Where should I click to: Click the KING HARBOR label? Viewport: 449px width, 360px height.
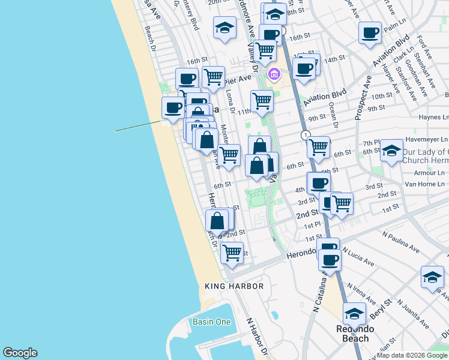click(234, 286)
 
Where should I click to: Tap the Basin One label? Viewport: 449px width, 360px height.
click(211, 322)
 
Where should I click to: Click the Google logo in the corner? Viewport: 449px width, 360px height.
click(20, 353)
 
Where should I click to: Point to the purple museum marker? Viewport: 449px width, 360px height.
click(274, 75)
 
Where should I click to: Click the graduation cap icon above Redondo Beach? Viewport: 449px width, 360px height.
click(354, 313)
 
